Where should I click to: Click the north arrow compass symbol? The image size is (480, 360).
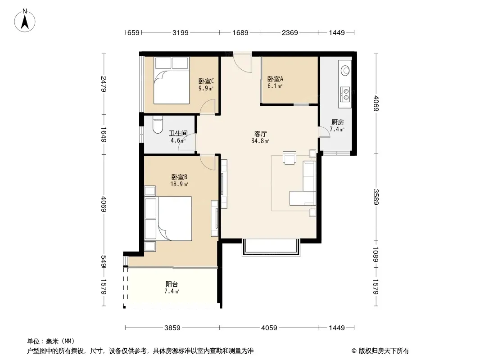coord(24,21)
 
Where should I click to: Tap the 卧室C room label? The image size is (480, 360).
coord(206,81)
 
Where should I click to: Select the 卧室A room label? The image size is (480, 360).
coord(275,79)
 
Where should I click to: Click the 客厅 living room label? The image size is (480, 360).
coord(261,134)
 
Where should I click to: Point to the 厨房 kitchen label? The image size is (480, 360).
coord(337,122)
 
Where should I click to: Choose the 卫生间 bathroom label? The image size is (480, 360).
coord(178,134)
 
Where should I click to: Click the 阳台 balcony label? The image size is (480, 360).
coord(172,284)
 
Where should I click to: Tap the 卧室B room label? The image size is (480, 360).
coord(179,177)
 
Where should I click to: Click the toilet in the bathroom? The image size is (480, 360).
coord(158,125)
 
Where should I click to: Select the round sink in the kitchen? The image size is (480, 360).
coord(345,71)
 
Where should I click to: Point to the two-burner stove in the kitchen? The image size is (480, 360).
coord(345,94)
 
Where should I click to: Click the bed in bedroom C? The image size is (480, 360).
coord(172,80)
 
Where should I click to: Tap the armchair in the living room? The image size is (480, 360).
coord(289,157)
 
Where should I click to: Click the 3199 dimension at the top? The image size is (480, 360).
coord(180,32)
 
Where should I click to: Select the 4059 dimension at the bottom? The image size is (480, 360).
coord(269,328)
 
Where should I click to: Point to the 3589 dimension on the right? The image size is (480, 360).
coord(376,197)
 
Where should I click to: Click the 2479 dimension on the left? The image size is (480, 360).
coord(104,84)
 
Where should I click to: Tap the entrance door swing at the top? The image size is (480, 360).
coord(242,63)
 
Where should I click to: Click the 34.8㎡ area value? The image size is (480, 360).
coord(261,141)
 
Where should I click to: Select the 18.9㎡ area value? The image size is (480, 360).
coord(179,184)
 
